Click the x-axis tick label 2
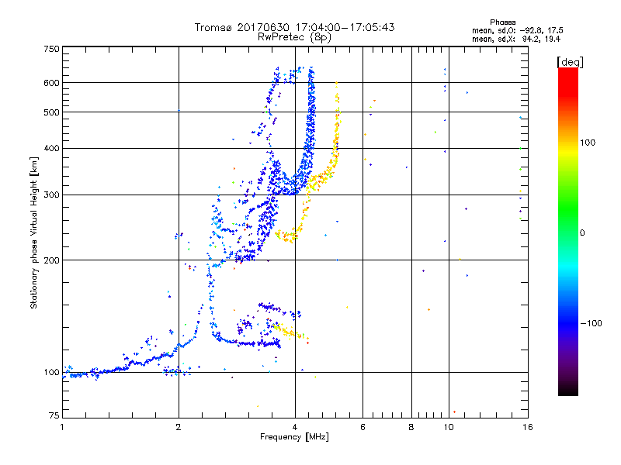pos(179,426)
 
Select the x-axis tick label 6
pos(363,426)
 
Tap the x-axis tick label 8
pos(411,426)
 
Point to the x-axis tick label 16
pos(526,426)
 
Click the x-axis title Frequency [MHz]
pos(294,438)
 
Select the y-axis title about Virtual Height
pos(34,232)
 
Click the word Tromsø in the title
pos(213,27)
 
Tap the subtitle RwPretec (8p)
pos(294,36)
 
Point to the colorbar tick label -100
pos(592,323)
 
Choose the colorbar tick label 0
pos(583,232)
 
